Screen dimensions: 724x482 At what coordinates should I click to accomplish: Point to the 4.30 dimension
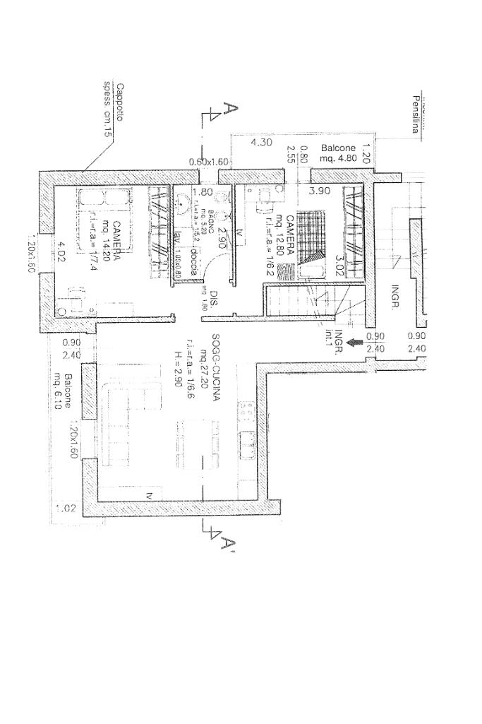(x=262, y=142)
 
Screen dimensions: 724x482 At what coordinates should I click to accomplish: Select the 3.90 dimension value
(x=321, y=191)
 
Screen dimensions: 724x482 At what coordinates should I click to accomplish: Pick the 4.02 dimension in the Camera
(x=61, y=251)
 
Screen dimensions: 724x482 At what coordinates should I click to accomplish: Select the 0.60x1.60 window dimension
(x=210, y=162)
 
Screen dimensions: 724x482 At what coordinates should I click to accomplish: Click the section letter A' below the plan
(x=226, y=544)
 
